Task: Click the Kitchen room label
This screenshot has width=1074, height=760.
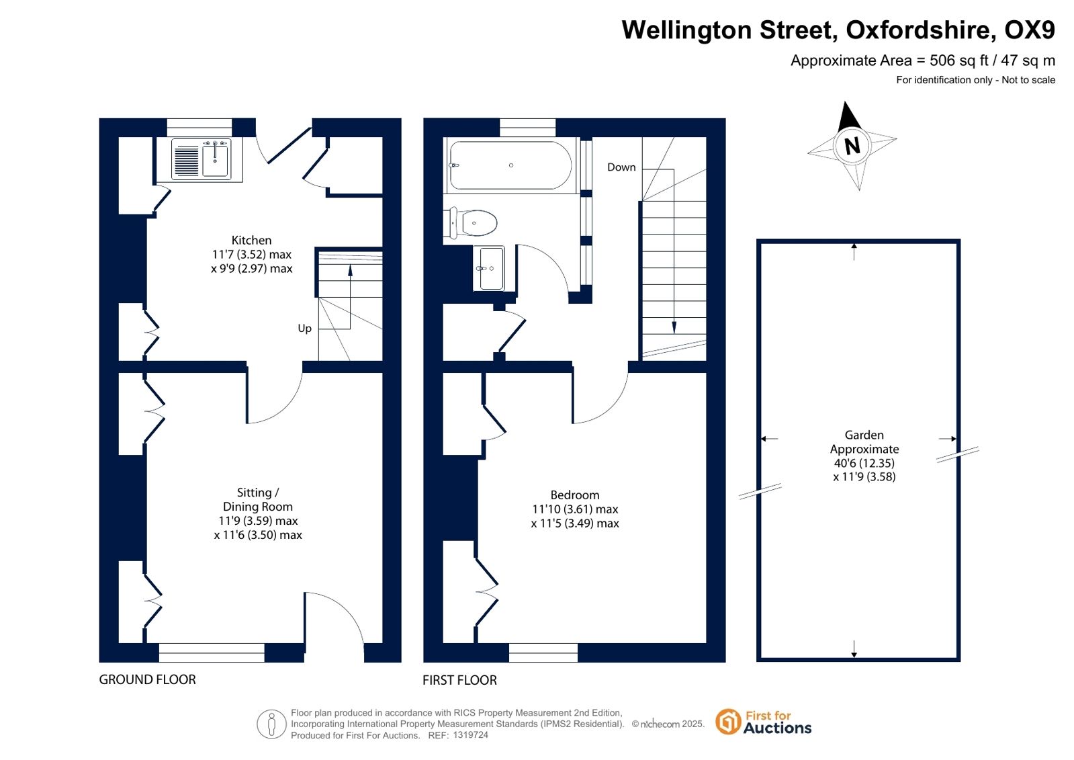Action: pos(251,241)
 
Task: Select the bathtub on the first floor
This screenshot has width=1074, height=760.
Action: pos(510,165)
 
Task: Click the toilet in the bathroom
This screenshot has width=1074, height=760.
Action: pos(474,223)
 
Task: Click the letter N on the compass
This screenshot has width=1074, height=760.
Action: pos(852,145)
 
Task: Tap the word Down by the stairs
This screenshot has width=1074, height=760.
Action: pos(621,167)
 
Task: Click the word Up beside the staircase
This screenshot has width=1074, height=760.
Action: pos(304,329)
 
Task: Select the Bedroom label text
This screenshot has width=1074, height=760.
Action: pos(575,495)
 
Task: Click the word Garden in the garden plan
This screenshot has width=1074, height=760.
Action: pos(864,435)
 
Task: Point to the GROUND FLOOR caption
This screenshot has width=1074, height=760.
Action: pos(147,679)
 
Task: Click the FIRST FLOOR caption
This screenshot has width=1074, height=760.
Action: pos(459,680)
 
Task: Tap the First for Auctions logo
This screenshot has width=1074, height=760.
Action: pos(764,722)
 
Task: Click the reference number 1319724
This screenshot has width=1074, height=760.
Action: pos(470,735)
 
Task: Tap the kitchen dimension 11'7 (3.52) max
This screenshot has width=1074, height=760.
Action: pos(252,254)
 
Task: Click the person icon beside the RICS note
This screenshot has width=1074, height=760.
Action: pos(271,724)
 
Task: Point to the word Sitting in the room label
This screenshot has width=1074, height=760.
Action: pos(254,493)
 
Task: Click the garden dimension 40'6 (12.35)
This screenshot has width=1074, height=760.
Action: pos(864,463)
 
